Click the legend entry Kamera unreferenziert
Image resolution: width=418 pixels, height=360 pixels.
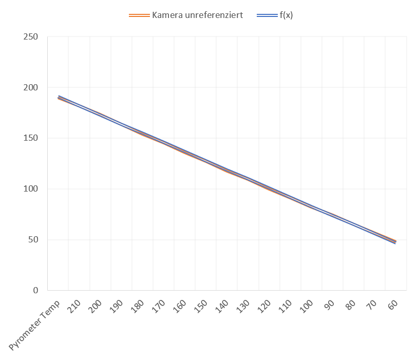coord(198,15)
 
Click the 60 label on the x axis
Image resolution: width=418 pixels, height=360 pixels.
coord(392,305)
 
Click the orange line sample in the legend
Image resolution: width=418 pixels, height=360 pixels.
coord(139,15)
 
